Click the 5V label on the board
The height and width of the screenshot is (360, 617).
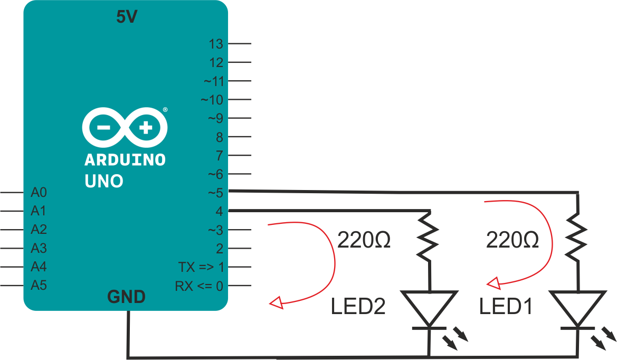tap(127, 17)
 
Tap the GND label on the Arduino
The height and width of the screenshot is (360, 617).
tap(127, 297)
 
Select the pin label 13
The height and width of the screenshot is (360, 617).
tap(216, 44)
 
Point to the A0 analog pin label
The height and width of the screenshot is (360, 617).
tap(39, 192)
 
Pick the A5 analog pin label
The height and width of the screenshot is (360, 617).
tap(39, 286)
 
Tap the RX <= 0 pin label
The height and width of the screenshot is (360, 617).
tap(199, 286)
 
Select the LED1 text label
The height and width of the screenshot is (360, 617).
tap(506, 307)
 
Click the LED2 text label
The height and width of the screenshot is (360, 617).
tap(358, 307)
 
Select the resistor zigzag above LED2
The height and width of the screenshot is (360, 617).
tap(430, 236)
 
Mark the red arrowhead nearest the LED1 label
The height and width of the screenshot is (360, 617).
tap(493, 284)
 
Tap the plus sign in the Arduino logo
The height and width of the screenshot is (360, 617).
tap(146, 127)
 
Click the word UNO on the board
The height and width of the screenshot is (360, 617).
tap(104, 182)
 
